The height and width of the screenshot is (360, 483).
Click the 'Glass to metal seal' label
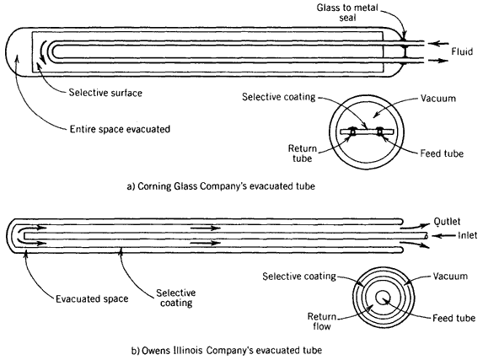(347, 13)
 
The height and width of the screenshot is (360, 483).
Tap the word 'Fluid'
(462, 51)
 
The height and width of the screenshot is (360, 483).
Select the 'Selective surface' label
(105, 93)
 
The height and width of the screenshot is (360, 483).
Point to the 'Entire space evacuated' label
(120, 129)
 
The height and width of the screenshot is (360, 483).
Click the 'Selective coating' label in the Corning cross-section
(278, 97)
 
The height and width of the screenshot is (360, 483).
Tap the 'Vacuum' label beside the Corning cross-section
(438, 99)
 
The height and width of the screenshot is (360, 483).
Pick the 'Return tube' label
(302, 153)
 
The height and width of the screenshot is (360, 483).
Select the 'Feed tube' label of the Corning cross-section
(442, 153)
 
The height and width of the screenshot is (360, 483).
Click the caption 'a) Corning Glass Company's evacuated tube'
(221, 186)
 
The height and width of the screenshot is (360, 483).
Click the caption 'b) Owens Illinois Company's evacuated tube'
(227, 351)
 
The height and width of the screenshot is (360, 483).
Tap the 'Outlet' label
(447, 221)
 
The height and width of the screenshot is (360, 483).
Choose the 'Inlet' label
(467, 235)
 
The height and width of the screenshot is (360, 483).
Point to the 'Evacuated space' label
(92, 298)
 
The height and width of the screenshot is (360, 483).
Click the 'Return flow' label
(322, 321)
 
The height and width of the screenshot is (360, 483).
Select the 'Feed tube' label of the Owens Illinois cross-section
(453, 318)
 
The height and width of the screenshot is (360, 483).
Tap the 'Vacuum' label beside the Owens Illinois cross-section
(450, 276)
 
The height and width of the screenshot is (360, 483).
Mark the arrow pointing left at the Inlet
(443, 236)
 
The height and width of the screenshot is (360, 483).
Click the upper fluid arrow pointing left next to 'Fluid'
(438, 44)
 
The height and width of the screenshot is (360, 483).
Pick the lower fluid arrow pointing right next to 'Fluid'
(438, 61)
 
